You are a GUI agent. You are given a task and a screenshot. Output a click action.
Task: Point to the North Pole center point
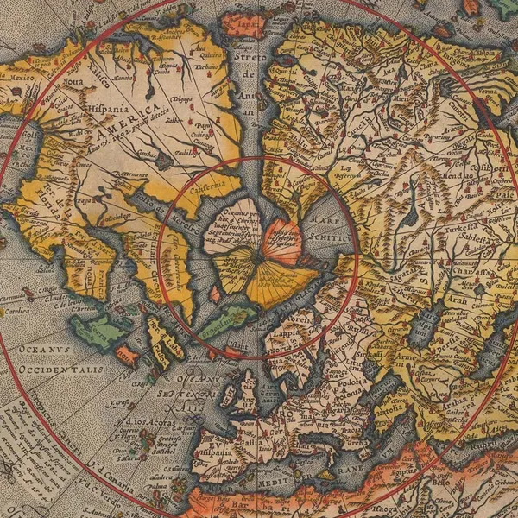(x=258, y=256)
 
